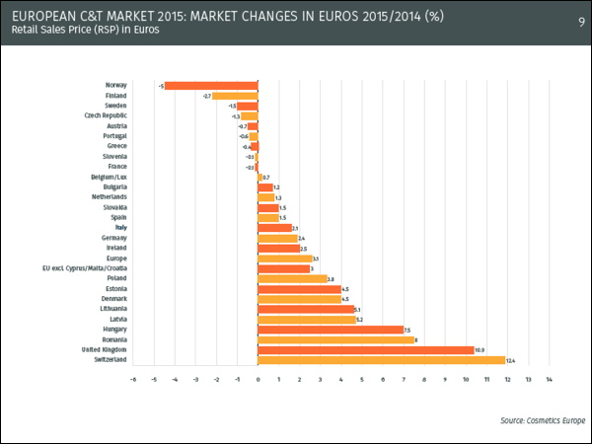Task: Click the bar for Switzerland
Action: pyautogui.click(x=381, y=360)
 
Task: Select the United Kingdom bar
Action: pyautogui.click(x=365, y=349)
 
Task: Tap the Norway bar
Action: pyautogui.click(x=210, y=85)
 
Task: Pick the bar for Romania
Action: pyautogui.click(x=335, y=339)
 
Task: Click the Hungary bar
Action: pyautogui.click(x=330, y=329)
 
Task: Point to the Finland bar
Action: pyautogui.click(x=235, y=96)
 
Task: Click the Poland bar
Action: pyautogui.click(x=292, y=277)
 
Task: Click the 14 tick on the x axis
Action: pyautogui.click(x=548, y=379)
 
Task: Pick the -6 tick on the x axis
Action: pyautogui.click(x=133, y=379)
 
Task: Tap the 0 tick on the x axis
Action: pyautogui.click(x=258, y=379)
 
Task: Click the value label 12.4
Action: pyautogui.click(x=511, y=360)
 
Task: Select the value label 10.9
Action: pyautogui.click(x=480, y=349)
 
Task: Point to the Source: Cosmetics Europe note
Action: pyautogui.click(x=541, y=419)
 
